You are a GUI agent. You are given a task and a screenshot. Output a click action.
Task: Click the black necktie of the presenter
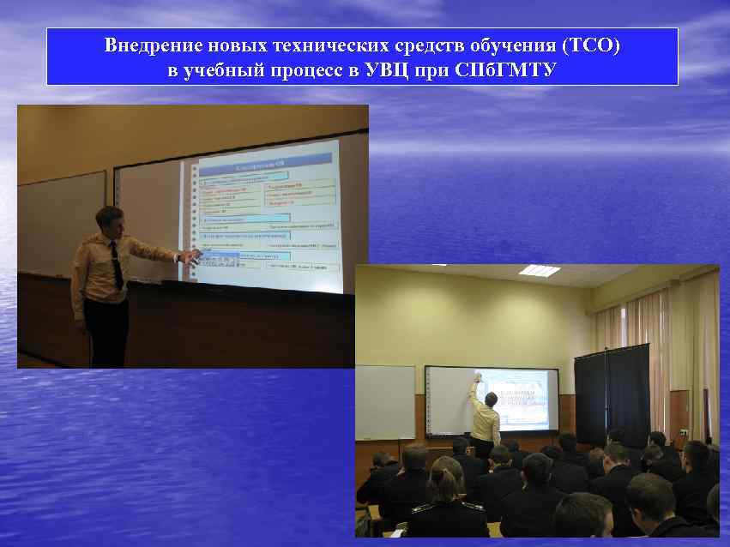point(117,265)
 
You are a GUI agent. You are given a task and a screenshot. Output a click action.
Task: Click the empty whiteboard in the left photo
point(60,223)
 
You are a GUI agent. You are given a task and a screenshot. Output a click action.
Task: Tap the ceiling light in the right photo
point(540,270)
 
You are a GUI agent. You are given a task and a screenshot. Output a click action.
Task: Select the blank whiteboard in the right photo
point(385,401)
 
